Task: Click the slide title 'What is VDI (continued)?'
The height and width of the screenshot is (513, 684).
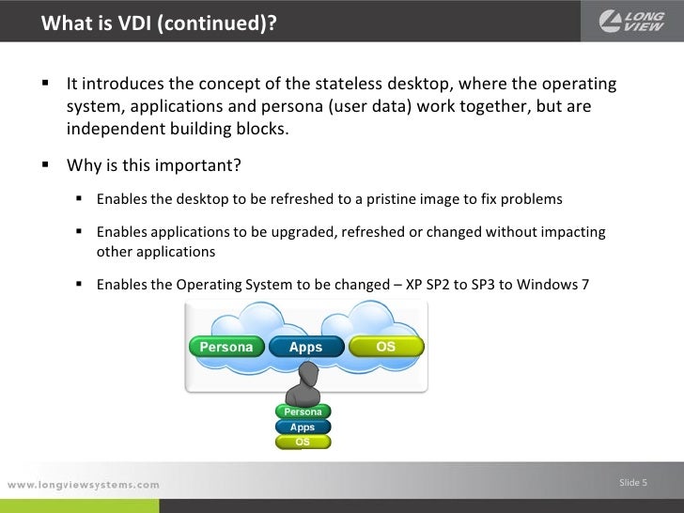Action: point(160,22)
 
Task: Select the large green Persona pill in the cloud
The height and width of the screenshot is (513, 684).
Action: point(226,347)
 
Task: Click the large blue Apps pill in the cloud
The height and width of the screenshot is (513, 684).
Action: point(305,347)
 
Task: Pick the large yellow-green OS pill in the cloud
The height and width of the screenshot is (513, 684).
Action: point(385,347)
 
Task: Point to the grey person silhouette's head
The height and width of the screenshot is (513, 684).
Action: point(303,374)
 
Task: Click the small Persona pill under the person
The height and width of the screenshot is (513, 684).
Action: point(303,412)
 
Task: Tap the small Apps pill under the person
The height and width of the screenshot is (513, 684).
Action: point(303,427)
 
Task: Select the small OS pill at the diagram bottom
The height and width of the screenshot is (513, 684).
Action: point(303,441)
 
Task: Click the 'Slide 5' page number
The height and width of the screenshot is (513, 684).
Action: point(633,483)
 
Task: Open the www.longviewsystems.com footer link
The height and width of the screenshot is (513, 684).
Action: point(84,485)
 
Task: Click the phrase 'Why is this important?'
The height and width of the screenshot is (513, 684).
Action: point(154,166)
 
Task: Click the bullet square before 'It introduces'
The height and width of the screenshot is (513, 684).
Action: point(44,85)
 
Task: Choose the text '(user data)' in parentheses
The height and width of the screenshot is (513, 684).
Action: point(369,106)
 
